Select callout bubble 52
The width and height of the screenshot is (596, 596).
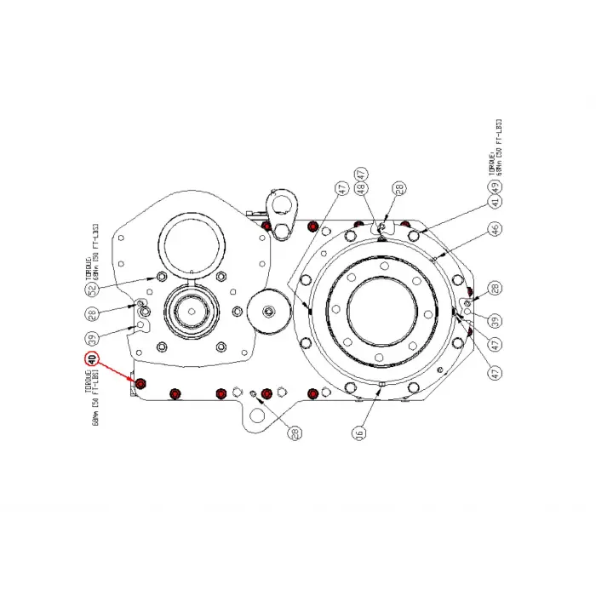tap(91, 290)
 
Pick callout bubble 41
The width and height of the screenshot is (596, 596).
tap(493, 202)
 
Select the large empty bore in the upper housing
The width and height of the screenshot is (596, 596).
tap(192, 243)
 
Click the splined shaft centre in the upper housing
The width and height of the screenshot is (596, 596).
tap(192, 310)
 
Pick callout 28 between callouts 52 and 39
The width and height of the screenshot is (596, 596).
tap(91, 313)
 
